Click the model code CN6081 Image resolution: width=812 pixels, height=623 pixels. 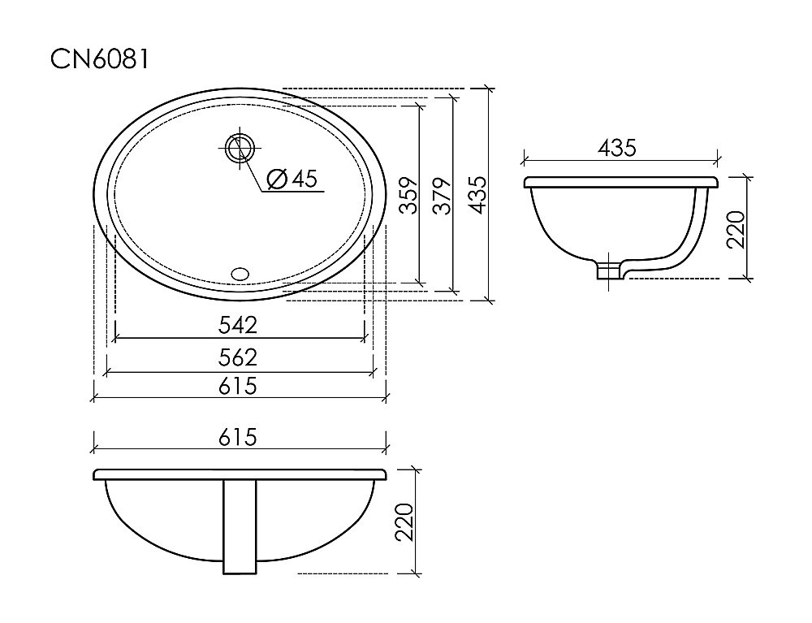tap(99, 59)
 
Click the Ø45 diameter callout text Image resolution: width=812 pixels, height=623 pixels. tap(292, 179)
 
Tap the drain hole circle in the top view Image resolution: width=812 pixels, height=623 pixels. tap(240, 148)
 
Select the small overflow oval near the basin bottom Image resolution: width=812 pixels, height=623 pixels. tap(240, 274)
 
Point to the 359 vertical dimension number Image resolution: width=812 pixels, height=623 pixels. tap(409, 195)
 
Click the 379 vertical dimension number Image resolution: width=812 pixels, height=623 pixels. tap(443, 196)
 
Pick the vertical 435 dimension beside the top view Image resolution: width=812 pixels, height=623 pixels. tap(477, 195)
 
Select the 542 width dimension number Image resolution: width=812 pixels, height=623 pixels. tap(238, 325)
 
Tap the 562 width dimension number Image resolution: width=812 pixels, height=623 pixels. tap(238, 357)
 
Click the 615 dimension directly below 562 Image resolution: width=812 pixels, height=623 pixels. tap(238, 386)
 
